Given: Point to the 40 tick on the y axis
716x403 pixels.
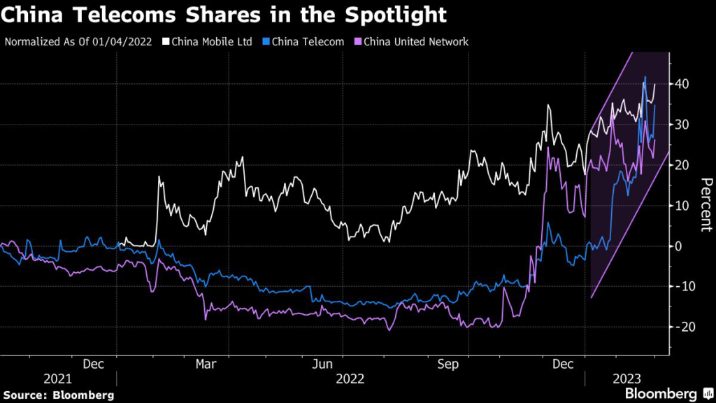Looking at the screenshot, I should (683, 84).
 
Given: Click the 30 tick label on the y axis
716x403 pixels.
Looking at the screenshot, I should (683, 125).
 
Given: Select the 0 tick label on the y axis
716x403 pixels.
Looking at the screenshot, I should (679, 246).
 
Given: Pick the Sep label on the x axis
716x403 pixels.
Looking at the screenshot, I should (446, 364).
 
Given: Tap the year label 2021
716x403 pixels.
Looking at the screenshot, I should (57, 379).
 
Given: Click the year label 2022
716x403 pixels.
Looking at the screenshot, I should (350, 379).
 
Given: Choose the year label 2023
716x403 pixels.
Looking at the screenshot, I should (628, 379).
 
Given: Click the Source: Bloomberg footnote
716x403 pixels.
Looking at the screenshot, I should (59, 395).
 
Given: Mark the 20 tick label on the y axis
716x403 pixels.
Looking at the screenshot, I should (683, 165).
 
